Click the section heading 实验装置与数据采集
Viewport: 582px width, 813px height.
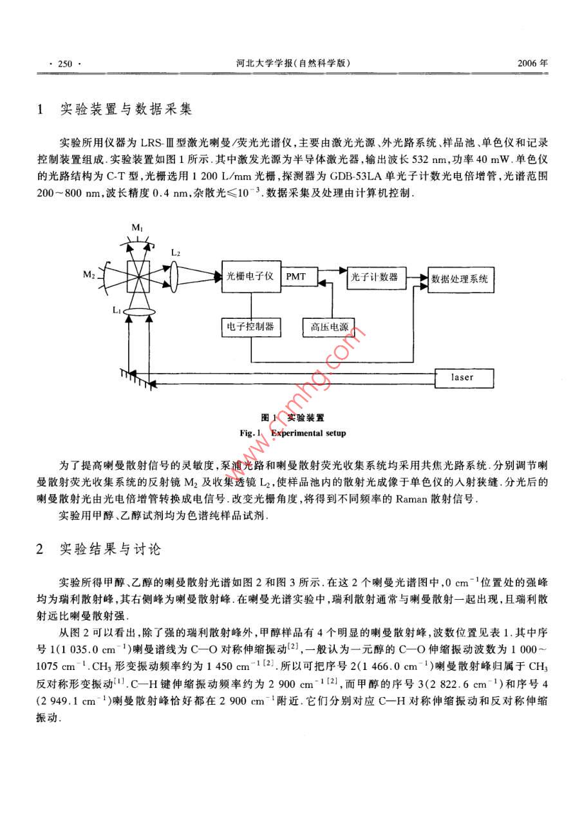[126, 110]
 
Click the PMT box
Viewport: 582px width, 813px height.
[297, 276]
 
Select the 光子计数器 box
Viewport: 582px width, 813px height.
[374, 278]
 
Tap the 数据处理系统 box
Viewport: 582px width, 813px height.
[460, 279]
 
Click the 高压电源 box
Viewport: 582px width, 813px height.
[325, 327]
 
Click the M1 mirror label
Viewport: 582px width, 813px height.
[138, 227]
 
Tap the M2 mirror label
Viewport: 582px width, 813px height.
[89, 276]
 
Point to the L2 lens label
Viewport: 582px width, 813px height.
[175, 253]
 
